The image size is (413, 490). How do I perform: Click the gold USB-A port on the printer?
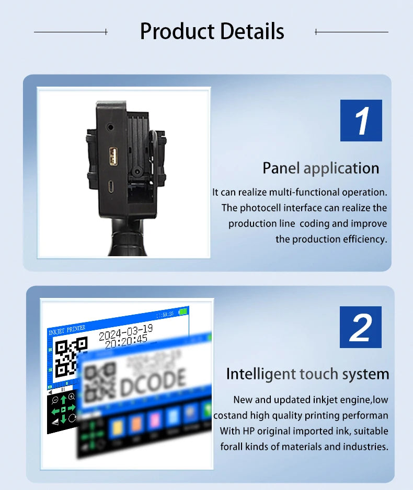(113, 156)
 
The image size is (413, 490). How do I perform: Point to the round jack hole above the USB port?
(110, 127)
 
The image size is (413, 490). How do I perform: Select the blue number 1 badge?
(361, 121)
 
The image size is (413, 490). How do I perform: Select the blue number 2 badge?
(360, 327)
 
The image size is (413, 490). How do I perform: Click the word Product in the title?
(177, 31)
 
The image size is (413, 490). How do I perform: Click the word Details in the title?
(252, 31)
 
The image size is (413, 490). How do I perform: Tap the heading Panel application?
(320, 168)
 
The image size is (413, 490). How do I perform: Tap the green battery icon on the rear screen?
(182, 312)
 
